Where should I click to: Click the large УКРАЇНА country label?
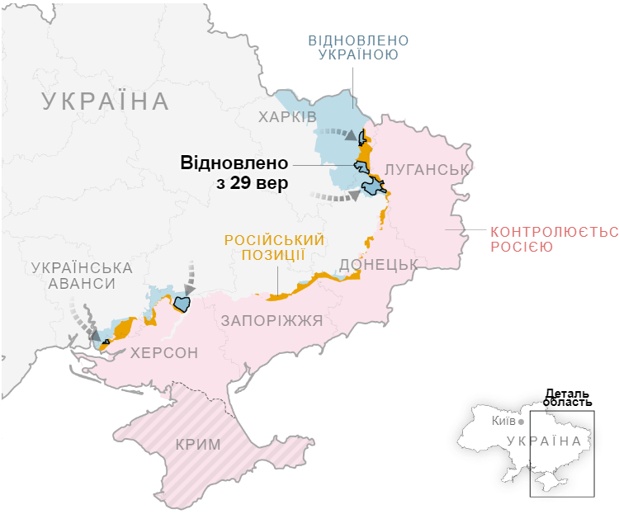(105, 102)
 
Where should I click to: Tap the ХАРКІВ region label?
(287, 116)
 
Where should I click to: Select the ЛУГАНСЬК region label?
(427, 170)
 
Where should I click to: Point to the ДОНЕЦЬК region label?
(378, 264)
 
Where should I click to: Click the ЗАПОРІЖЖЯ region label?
(272, 320)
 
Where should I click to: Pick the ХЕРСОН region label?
(164, 353)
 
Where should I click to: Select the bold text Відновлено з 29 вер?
(234, 172)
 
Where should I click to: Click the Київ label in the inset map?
(503, 421)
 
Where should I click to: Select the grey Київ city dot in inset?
(521, 422)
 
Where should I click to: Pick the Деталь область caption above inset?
(569, 398)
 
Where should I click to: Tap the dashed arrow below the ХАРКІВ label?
(335, 132)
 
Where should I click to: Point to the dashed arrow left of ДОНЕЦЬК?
(335, 197)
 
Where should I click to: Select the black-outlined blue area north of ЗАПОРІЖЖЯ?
(182, 304)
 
